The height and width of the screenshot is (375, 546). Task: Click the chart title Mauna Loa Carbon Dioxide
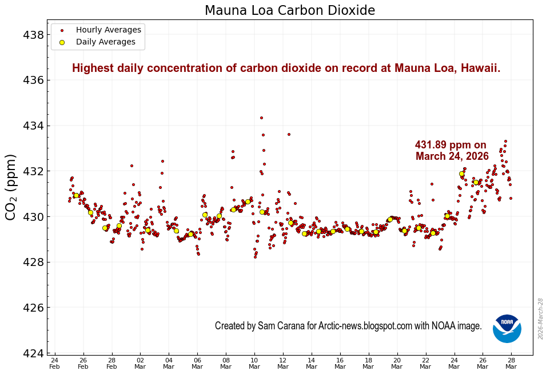tap(290, 10)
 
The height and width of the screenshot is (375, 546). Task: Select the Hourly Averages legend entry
tap(108, 30)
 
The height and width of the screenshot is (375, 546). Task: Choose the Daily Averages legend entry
tap(105, 42)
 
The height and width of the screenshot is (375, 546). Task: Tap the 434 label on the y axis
tap(34, 126)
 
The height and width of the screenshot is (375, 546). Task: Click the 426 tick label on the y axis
tap(34, 308)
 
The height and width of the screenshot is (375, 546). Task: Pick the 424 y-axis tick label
tap(34, 353)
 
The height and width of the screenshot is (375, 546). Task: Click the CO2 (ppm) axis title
tap(11, 187)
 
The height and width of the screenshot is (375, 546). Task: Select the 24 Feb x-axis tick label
tap(54, 364)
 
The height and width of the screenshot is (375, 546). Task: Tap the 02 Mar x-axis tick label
tap(140, 364)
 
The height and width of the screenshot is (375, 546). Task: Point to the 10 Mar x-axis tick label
tap(254, 364)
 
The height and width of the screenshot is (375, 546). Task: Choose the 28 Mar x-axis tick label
tap(512, 364)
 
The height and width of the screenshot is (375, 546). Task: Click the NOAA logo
tap(507, 328)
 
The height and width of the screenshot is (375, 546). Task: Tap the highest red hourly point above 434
tap(261, 118)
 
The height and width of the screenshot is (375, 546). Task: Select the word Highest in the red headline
tap(93, 68)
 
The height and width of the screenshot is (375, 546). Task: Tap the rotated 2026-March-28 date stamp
tap(541, 318)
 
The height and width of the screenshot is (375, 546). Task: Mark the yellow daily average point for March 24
tap(461, 174)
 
